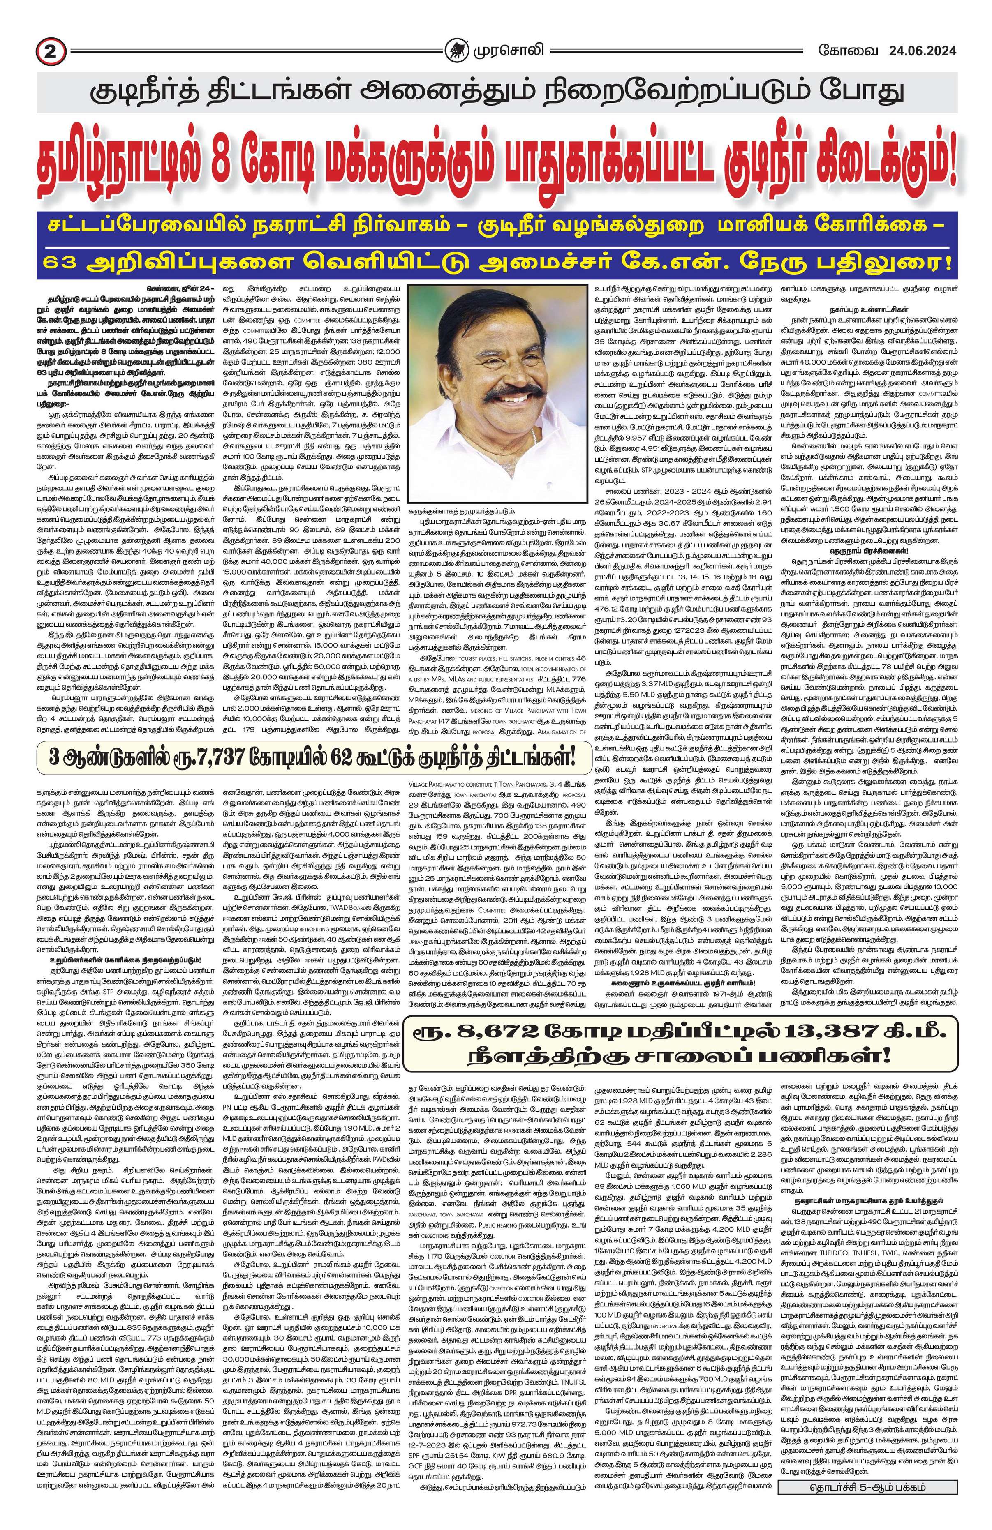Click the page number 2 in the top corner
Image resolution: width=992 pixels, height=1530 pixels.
point(47,49)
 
